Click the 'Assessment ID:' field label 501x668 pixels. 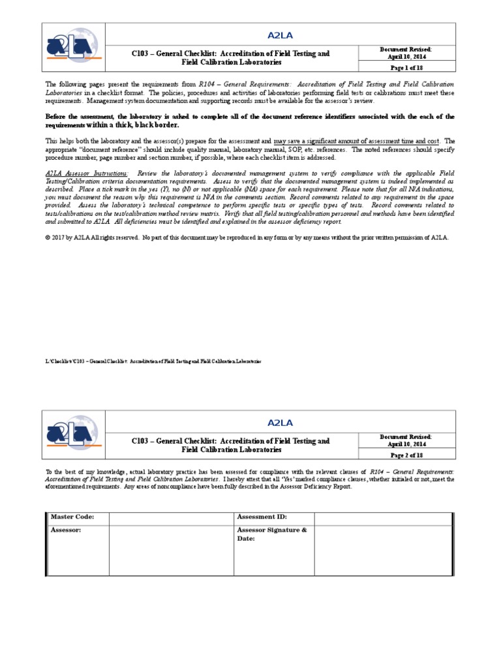pos(262,517)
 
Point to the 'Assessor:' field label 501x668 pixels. pos(66,530)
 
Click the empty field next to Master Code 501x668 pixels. pos(171,517)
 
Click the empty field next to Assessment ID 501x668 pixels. pos(383,517)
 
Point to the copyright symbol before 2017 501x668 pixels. pos(48,238)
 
